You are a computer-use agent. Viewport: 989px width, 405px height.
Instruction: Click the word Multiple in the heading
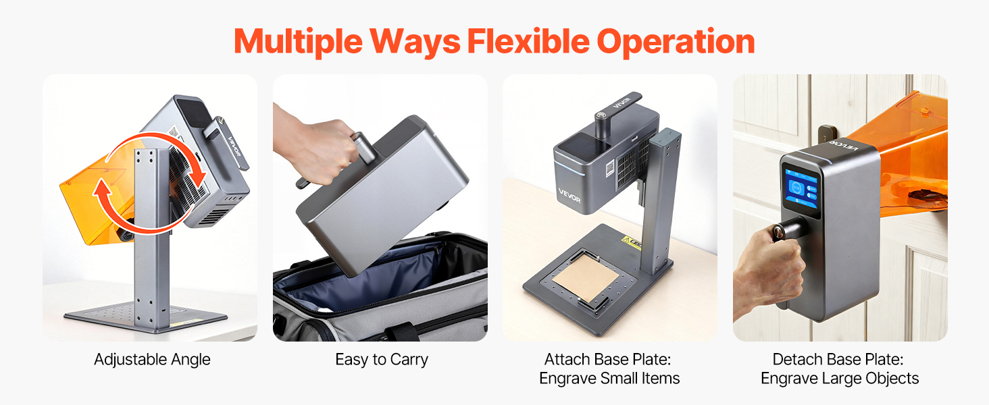click(298, 42)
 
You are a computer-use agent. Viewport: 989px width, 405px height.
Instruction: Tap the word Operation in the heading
click(676, 42)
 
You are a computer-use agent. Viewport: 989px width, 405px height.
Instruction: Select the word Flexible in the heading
click(528, 41)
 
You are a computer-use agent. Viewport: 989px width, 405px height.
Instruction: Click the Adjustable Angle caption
click(152, 360)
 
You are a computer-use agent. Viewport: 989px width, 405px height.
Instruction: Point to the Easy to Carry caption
click(382, 360)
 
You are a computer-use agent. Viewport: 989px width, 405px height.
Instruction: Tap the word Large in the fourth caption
click(840, 378)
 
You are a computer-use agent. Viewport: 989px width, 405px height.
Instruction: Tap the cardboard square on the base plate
click(586, 277)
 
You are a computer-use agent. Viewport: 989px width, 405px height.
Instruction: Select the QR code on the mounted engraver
click(610, 168)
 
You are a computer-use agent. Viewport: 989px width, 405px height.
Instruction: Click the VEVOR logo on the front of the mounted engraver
click(569, 196)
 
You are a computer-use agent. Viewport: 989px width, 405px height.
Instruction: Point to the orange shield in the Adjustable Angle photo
click(96, 200)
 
